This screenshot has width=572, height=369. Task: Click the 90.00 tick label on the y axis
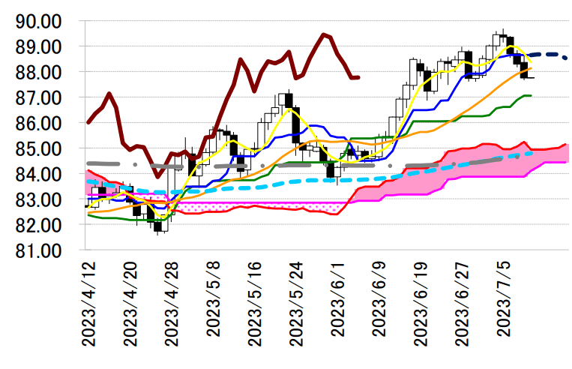[x=39, y=21]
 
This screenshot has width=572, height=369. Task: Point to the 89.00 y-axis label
[x=39, y=46]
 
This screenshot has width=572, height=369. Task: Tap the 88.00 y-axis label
[x=39, y=72]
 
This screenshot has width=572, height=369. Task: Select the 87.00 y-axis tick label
[x=39, y=97]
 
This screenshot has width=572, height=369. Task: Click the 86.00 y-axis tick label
[x=39, y=123]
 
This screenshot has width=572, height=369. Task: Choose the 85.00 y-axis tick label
[x=39, y=148]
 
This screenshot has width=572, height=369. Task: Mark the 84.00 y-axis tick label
[x=39, y=174]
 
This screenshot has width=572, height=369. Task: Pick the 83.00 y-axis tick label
[x=39, y=199]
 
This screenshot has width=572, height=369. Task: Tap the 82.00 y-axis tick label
[x=39, y=225]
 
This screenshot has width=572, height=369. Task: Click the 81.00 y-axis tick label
[x=39, y=250]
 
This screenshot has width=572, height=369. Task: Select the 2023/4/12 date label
[x=90, y=303]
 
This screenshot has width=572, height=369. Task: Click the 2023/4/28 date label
[x=172, y=303]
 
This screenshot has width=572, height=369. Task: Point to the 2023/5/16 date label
[x=253, y=303]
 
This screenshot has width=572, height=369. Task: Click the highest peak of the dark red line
[x=323, y=34]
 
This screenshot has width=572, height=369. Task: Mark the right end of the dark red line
[x=358, y=76]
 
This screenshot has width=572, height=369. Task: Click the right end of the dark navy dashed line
[x=565, y=56]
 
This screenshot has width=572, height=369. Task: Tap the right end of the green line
[x=531, y=95]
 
